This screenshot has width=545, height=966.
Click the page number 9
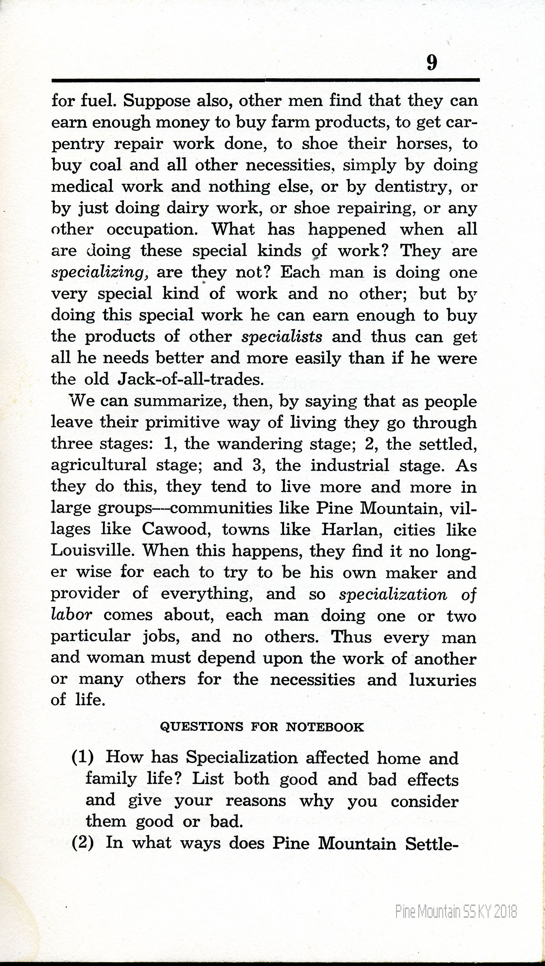pos(431,62)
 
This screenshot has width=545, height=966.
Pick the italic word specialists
pos(282,337)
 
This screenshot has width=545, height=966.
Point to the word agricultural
pos(99,465)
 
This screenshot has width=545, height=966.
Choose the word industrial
pos(350,465)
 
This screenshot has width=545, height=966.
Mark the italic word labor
pos(71,615)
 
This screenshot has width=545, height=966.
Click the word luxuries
pos(442,680)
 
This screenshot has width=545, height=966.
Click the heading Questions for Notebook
pos(263,727)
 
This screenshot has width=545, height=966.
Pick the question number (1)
pos(83,757)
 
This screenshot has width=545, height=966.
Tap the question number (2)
pos(83,843)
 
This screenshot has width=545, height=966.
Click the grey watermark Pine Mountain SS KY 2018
pos(456,911)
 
